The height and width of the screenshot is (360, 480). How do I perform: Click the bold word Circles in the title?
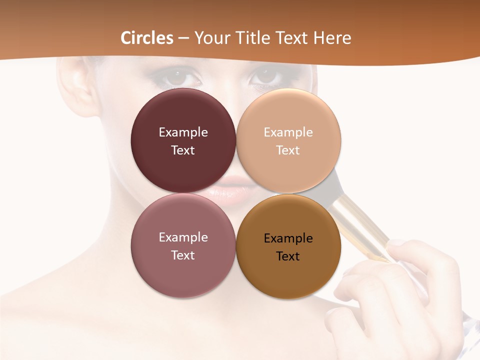147,38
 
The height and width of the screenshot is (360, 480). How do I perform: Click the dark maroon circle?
183,140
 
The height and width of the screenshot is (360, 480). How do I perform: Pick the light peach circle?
288,140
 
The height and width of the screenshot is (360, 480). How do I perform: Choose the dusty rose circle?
183,245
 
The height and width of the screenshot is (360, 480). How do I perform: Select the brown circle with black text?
288,246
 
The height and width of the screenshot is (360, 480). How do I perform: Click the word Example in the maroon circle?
183,132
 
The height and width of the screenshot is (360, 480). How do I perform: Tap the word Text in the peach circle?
288,150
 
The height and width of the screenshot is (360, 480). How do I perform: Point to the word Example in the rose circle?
183,237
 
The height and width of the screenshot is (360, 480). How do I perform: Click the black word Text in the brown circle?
288,256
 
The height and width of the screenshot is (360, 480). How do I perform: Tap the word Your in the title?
212,38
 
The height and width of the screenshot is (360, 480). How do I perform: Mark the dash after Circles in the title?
183,38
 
